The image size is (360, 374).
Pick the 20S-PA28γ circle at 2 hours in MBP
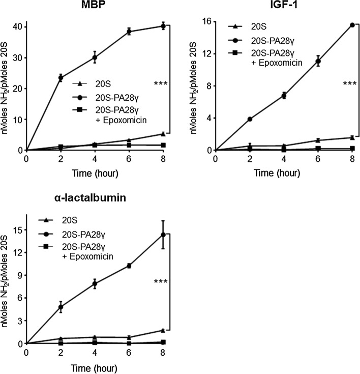coord(61,78)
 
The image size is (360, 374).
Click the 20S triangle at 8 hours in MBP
coord(163,134)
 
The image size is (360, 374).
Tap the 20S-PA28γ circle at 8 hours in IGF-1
coord(352,24)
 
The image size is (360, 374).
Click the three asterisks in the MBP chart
coord(161,83)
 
